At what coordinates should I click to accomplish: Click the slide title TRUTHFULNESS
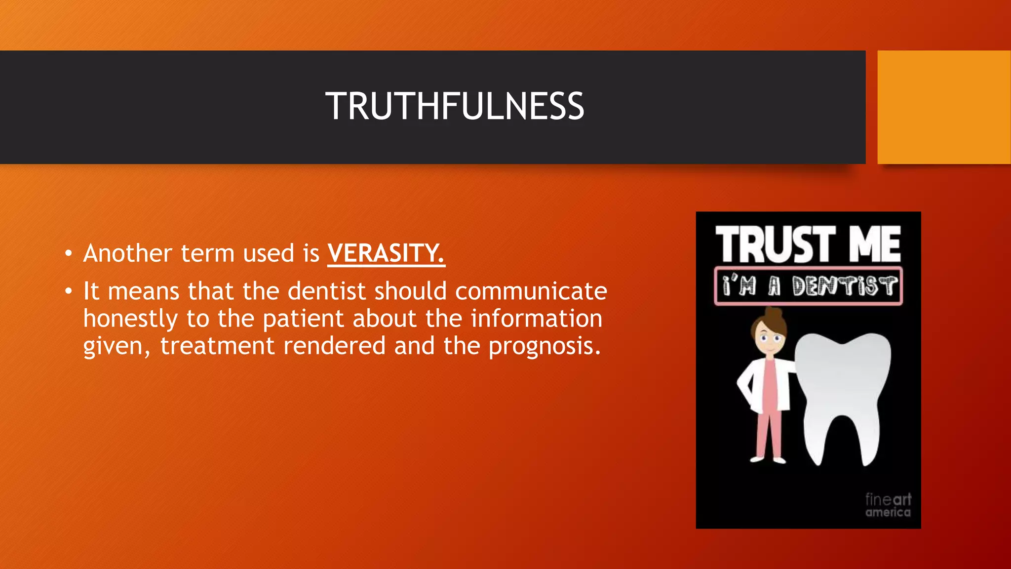click(x=455, y=106)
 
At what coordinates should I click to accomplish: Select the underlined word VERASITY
click(x=386, y=253)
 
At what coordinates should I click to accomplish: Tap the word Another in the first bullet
click(x=127, y=253)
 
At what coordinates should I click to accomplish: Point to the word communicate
click(x=531, y=291)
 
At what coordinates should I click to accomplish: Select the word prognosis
click(x=544, y=346)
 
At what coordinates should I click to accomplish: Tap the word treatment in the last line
click(x=217, y=346)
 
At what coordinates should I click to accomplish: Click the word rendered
click(x=334, y=346)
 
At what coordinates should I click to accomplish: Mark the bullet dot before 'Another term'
click(x=68, y=254)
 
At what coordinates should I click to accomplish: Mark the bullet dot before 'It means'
click(x=68, y=291)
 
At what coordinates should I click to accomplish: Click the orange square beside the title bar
click(x=944, y=107)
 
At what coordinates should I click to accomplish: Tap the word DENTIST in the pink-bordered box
click(x=844, y=286)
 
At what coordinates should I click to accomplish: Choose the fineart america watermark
click(x=888, y=505)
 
